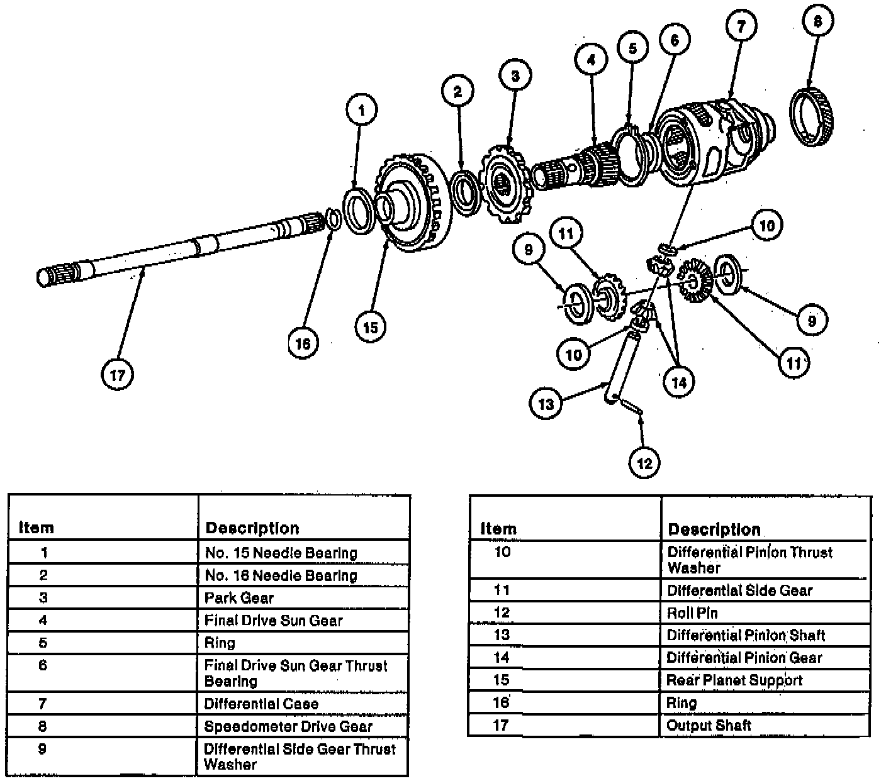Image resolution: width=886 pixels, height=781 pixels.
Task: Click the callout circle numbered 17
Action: point(117,375)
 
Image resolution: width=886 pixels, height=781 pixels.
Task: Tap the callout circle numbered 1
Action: point(361,111)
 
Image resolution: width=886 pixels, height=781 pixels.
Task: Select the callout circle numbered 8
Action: point(817,22)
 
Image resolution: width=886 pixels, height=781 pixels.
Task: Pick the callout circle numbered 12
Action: point(644,463)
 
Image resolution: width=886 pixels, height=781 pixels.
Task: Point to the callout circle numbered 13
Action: point(546,403)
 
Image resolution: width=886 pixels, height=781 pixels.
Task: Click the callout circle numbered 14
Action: point(679,381)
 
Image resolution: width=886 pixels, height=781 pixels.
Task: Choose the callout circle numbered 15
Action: point(371,327)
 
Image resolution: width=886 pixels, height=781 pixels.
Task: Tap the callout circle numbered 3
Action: point(515,77)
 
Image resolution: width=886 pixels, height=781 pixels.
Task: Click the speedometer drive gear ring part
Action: point(812,118)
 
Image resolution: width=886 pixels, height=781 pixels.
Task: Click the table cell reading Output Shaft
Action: point(709,726)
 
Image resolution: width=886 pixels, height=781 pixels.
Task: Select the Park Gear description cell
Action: point(239,598)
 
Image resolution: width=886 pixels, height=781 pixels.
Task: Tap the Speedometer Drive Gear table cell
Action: point(288,727)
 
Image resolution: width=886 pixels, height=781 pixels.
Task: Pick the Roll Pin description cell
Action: point(692,613)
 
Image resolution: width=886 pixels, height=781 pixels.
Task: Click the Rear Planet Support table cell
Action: point(734,680)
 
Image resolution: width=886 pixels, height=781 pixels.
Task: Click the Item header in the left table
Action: point(36,528)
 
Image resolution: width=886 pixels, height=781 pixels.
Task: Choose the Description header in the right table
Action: point(714,529)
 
